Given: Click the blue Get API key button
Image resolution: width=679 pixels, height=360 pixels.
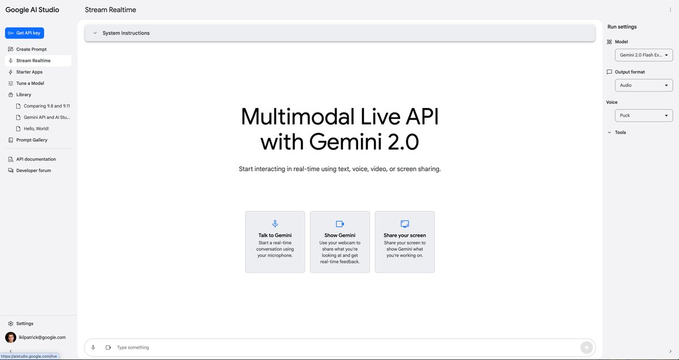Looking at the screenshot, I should [24, 33].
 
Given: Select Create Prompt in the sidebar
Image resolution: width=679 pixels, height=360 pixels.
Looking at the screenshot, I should [31, 49].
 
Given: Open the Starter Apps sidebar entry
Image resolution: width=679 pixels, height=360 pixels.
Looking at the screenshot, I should [29, 72].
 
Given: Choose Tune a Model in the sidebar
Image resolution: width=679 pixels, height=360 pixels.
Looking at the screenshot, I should [29, 83].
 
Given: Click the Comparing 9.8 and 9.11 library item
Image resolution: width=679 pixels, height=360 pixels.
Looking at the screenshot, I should [46, 106].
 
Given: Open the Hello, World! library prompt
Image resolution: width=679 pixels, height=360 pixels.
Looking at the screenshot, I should [36, 128].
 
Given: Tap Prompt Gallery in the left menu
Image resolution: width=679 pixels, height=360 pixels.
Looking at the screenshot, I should [32, 140].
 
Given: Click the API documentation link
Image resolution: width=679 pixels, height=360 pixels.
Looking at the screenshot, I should [36, 159].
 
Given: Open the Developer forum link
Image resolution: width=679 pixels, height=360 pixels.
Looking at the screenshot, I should [33, 170].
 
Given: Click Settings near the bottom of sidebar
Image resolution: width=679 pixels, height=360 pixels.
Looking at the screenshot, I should [24, 323].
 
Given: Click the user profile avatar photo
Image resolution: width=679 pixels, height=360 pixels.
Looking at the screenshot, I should [11, 337].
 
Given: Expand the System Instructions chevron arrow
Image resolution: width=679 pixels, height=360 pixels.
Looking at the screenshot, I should [95, 33].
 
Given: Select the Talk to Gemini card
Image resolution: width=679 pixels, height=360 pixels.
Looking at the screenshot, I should [275, 242].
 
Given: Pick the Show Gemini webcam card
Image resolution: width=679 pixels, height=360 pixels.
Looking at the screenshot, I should [339, 242].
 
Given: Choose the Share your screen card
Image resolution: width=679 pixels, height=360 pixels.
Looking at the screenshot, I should [405, 242].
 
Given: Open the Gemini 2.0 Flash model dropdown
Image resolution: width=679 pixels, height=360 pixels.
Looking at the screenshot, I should [644, 55].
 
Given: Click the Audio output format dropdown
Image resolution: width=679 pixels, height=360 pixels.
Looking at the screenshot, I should [644, 85].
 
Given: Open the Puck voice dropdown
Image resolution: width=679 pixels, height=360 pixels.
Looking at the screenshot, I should [644, 115].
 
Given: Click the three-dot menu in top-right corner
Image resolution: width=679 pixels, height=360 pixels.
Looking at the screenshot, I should [671, 10].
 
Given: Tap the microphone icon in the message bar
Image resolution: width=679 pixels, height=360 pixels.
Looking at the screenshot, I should [93, 348].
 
